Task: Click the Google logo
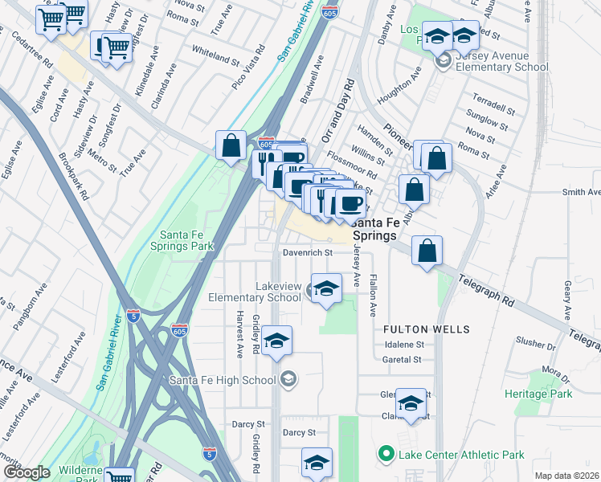(26, 472)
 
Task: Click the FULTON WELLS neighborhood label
(415, 329)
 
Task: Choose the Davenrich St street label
(307, 252)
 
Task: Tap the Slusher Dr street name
(530, 342)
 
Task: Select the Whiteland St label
(215, 55)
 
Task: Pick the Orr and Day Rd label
(337, 110)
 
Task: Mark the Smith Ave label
(581, 192)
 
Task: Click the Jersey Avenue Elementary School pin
(441, 61)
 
